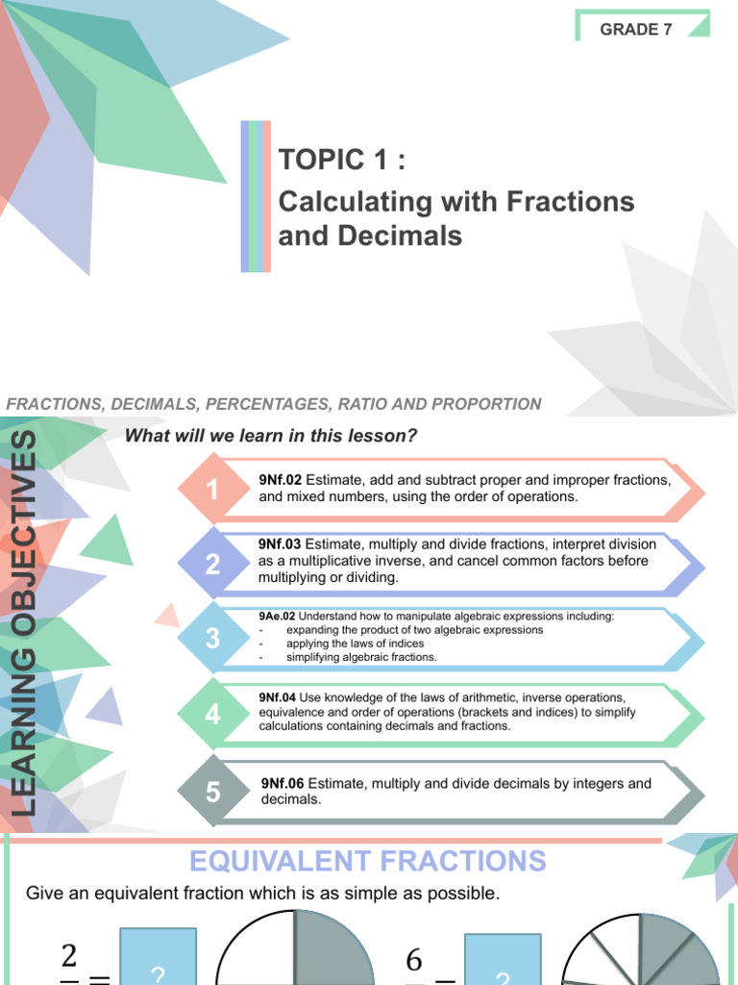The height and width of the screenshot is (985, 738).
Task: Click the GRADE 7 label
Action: pyautogui.click(x=636, y=29)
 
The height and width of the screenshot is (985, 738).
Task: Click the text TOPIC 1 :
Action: pyautogui.click(x=341, y=161)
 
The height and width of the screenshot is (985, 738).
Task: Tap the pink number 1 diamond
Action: pyautogui.click(x=212, y=490)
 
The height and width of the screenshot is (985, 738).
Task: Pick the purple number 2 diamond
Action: pyautogui.click(x=212, y=564)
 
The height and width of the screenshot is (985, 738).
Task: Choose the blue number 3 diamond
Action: pyautogui.click(x=212, y=638)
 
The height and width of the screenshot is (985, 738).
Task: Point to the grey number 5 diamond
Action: pyautogui.click(x=212, y=792)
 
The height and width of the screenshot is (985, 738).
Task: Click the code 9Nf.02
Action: pyautogui.click(x=280, y=480)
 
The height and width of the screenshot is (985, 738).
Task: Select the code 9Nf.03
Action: pyautogui.click(x=280, y=544)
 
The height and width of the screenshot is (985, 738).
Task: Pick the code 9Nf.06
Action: pyautogui.click(x=283, y=784)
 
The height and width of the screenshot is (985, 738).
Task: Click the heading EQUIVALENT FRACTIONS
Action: pyautogui.click(x=367, y=860)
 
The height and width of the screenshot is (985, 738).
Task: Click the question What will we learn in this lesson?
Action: pyautogui.click(x=271, y=436)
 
